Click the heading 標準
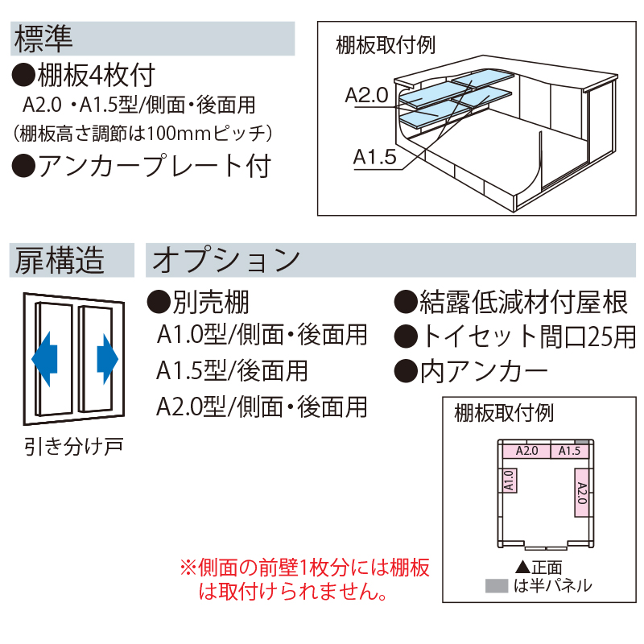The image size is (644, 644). (x=44, y=38)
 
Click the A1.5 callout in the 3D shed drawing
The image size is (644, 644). (x=374, y=157)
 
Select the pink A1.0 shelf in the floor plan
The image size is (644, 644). (x=509, y=481)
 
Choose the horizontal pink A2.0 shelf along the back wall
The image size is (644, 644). (x=526, y=451)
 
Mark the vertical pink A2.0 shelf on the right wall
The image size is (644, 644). (x=581, y=491)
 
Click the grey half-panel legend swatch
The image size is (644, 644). (x=496, y=585)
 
